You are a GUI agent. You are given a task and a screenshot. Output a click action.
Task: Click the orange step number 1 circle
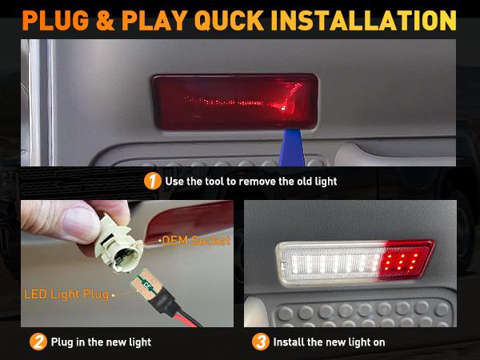pyautogui.click(x=152, y=181)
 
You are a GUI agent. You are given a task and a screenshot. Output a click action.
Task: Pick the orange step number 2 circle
pyautogui.click(x=38, y=342)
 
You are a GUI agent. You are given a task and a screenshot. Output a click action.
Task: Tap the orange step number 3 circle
pyautogui.click(x=260, y=342)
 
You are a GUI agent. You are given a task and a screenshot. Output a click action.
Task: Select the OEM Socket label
pyautogui.click(x=195, y=240)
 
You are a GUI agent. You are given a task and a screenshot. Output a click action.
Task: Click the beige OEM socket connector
pyautogui.click(x=121, y=244)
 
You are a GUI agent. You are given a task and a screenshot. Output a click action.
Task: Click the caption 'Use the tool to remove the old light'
pyautogui.click(x=250, y=181)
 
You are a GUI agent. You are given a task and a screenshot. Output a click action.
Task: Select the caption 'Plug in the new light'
pyautogui.click(x=101, y=342)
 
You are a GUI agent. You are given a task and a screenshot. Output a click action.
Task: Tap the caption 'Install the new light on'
pyautogui.click(x=329, y=342)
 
